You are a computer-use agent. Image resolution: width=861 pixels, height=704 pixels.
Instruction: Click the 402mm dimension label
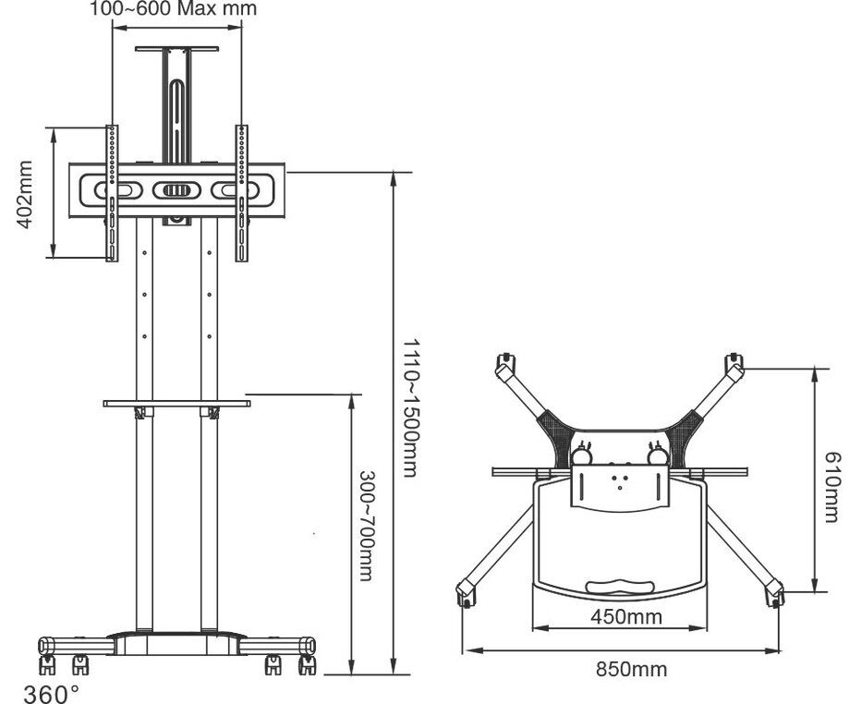(x=25, y=194)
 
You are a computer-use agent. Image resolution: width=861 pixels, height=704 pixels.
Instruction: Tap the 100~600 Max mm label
(x=174, y=9)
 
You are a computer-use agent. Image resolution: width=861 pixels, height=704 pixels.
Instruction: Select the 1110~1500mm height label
(x=411, y=407)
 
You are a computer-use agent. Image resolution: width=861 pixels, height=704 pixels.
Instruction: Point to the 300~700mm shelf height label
(x=367, y=526)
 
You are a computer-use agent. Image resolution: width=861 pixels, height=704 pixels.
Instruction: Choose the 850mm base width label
(x=632, y=669)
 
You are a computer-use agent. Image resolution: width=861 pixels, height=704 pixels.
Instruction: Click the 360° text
(x=52, y=694)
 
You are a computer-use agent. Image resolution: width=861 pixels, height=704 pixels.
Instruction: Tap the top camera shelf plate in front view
(x=176, y=49)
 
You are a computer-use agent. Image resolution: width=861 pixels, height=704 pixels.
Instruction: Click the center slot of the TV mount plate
(x=176, y=190)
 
